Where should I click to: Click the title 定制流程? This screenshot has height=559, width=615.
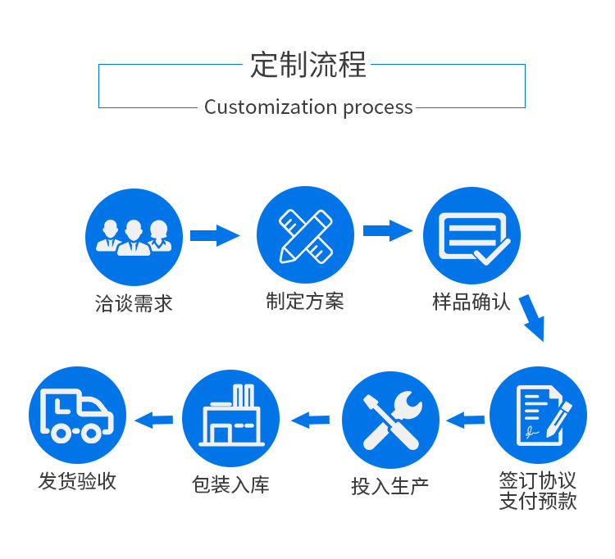click(x=308, y=64)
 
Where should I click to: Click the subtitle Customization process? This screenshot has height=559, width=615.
click(x=308, y=107)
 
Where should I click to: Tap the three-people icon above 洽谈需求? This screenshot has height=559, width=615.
click(x=134, y=236)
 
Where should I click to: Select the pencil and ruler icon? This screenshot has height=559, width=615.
click(x=305, y=234)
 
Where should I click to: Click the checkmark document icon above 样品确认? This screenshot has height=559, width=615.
click(x=471, y=236)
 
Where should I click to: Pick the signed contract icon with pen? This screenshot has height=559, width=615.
click(x=538, y=415)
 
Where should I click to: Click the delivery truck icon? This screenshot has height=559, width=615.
click(x=77, y=415)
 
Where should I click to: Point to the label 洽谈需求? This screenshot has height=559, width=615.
click(x=134, y=303)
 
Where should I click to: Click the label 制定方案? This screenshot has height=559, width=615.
click(x=305, y=302)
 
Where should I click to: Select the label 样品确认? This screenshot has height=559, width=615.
click(x=471, y=302)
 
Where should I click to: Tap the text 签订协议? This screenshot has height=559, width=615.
click(x=538, y=480)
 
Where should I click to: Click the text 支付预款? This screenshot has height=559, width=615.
click(x=538, y=501)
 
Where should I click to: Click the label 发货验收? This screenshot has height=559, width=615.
click(x=77, y=481)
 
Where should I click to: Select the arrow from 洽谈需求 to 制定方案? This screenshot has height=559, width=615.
click(x=215, y=236)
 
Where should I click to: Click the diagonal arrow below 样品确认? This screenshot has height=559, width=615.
click(x=531, y=318)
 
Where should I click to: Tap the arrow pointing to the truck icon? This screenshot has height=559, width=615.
click(x=154, y=420)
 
